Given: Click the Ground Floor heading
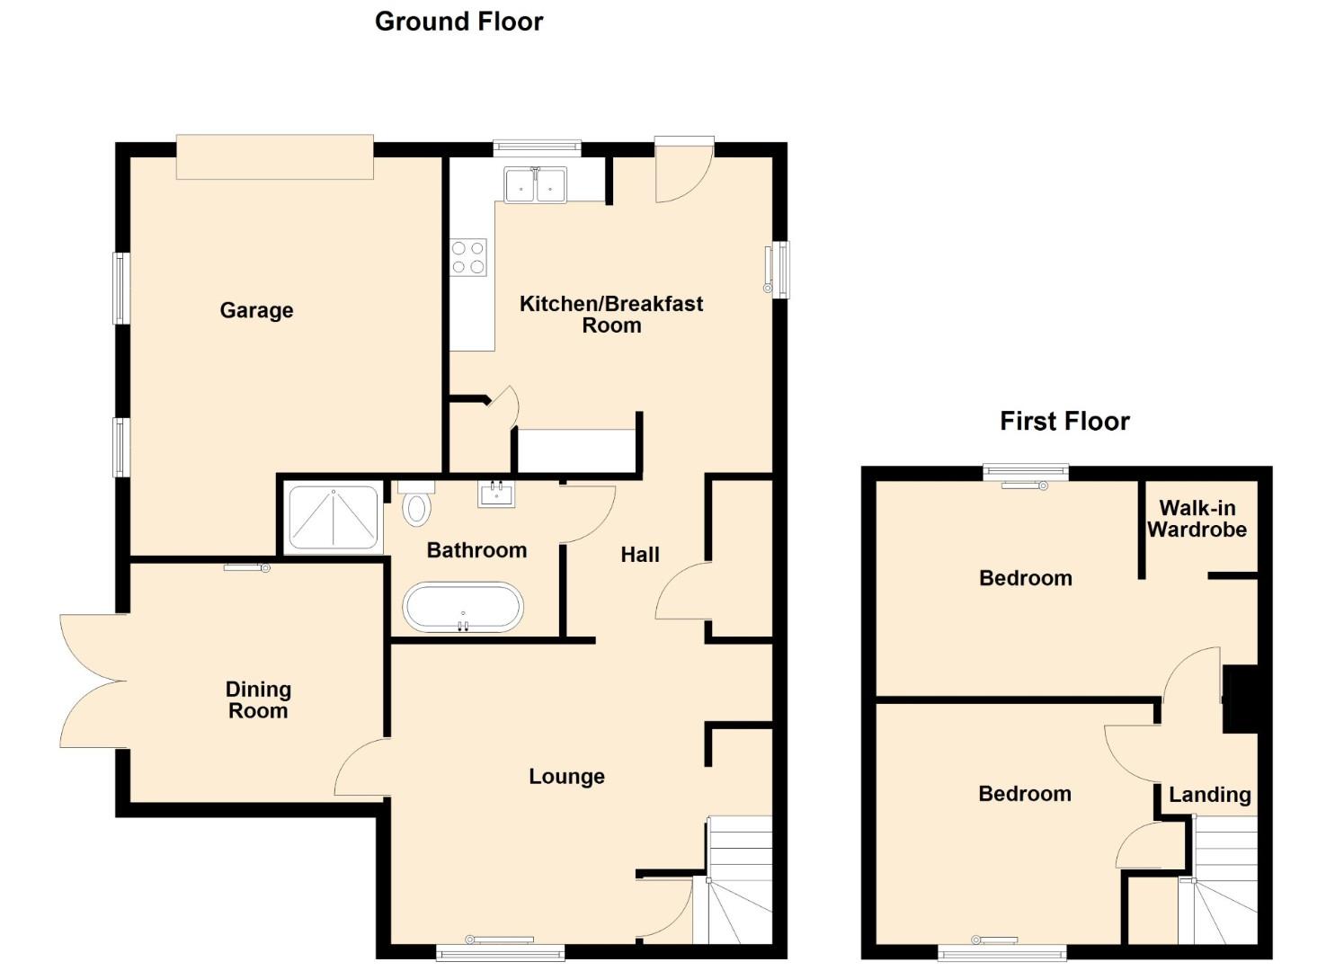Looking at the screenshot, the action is click(458, 22).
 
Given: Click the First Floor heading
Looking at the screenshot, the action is click(1064, 422).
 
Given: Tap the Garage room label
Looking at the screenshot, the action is click(256, 310).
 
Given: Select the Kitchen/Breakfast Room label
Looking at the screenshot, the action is click(611, 314).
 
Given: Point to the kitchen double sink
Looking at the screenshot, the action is click(535, 185).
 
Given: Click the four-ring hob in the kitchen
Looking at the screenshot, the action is click(468, 257).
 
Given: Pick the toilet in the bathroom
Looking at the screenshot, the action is click(416, 504).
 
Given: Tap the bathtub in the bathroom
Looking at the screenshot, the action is click(463, 608).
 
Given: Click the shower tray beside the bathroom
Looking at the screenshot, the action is click(334, 517).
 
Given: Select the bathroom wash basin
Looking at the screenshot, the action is click(496, 494).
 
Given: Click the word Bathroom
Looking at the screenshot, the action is click(476, 550).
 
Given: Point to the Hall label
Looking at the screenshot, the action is click(640, 555).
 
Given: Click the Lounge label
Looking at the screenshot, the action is click(566, 776).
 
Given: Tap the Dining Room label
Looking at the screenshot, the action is click(258, 699).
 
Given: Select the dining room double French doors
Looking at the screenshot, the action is click(93, 681).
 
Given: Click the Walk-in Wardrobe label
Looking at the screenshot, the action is click(1197, 519).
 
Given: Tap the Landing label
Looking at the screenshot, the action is click(1210, 795).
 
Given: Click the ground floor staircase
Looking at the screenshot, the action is click(739, 880).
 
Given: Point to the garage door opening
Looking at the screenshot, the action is click(275, 156).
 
